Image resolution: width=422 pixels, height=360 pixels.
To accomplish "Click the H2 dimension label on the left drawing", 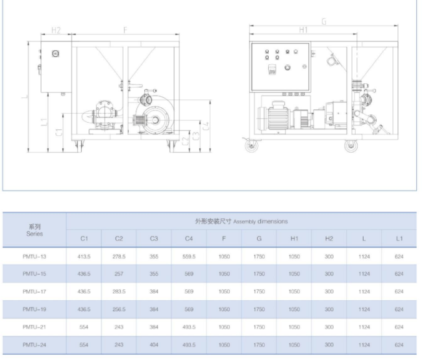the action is pos(56,30).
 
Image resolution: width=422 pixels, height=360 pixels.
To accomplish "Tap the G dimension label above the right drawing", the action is pos(324,21).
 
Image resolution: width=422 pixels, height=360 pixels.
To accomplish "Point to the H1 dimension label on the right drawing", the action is pos(303,30).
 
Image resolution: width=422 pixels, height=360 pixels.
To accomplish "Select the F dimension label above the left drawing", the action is pos(125,30).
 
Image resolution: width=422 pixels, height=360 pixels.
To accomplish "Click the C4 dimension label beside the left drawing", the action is pos(206,126).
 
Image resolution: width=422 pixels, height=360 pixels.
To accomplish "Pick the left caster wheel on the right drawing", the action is pos(251,146).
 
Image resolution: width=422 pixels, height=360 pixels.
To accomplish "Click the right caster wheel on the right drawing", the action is pos(351,146).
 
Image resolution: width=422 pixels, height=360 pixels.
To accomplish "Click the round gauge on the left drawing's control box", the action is pos(55,54).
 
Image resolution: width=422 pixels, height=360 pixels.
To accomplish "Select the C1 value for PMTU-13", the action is pos(84,257).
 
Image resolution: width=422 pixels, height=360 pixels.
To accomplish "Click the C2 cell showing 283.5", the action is pos(119,292).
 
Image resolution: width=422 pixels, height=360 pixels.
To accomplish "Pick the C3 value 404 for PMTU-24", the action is pos(154,345).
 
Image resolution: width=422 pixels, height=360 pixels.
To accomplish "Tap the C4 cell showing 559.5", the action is pos(189,257).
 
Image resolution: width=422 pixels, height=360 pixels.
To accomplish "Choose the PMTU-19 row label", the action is pos(34,309).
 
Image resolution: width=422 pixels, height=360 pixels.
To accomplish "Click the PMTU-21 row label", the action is pos(34,327).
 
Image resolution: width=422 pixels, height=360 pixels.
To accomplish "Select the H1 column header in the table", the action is pos(294,238).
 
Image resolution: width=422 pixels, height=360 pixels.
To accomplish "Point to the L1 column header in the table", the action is pos(399,238).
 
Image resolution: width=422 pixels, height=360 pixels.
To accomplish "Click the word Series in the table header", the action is pos(34,234).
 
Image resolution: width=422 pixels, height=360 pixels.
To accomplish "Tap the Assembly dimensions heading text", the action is pos(260,222).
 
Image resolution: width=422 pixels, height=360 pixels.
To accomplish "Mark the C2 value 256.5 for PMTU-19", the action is pos(119,309).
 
